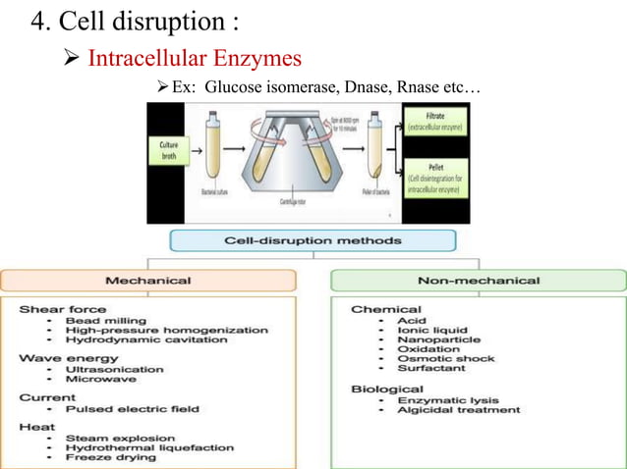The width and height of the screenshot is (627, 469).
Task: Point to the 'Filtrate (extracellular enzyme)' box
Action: [435, 122]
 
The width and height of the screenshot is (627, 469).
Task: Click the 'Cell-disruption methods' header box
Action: [313, 240]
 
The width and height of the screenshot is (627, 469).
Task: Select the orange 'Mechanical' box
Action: [147, 281]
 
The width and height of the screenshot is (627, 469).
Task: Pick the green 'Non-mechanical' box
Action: [478, 281]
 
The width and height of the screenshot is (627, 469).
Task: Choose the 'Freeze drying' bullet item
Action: [110, 457]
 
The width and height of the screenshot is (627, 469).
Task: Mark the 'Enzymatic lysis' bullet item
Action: [447, 400]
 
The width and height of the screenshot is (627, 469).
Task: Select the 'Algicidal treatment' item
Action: [458, 410]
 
